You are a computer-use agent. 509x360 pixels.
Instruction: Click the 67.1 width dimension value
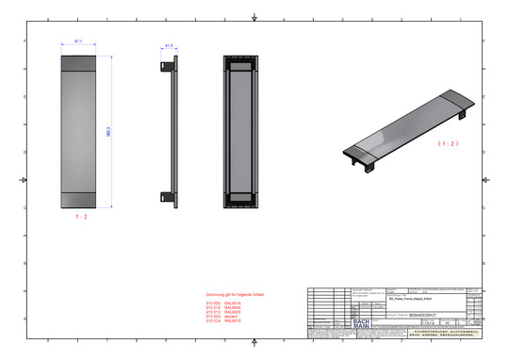78,41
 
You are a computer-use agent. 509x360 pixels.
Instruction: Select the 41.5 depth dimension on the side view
170,44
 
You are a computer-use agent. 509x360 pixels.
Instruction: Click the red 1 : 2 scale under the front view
81,217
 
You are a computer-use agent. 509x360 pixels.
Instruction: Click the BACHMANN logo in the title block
360,322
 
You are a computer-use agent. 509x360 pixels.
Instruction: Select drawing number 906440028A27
426,315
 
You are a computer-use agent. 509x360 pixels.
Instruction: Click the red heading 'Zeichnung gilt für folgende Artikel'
237,295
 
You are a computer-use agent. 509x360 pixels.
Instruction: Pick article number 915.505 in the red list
212,303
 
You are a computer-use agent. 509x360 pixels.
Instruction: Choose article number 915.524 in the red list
212,321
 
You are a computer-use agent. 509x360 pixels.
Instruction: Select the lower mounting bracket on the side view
167,197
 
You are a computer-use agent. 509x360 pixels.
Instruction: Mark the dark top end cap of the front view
77,63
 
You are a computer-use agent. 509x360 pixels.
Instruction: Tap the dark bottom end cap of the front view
77,200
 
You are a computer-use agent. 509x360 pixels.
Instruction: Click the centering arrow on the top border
255,18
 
